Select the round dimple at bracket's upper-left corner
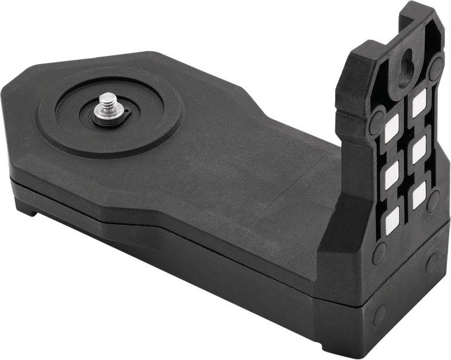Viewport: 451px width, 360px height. pyautogui.click(x=377, y=122)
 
